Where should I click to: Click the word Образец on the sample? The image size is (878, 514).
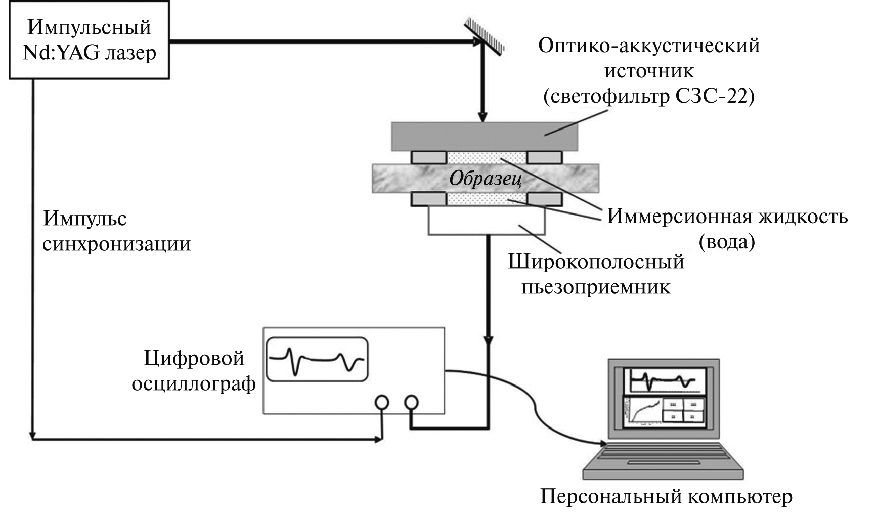coord(485,179)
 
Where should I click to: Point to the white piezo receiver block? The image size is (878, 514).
coord(486,221)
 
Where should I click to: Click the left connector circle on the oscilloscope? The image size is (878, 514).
coord(382,403)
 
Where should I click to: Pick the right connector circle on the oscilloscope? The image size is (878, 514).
coord(412,403)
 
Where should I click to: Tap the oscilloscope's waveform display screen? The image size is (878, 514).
coord(317,359)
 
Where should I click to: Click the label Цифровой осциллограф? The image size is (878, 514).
coord(194,371)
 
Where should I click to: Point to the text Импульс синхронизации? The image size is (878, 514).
coord(116,231)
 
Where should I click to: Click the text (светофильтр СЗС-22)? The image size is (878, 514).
coord(648,96)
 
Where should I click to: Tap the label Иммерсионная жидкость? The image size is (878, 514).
coord(727,217)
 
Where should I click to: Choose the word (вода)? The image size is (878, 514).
coord(726,242)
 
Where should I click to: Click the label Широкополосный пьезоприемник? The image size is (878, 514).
coord(596,274)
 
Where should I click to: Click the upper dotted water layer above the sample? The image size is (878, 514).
coord(487,157)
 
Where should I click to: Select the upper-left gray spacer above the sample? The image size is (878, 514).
coord(428,157)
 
